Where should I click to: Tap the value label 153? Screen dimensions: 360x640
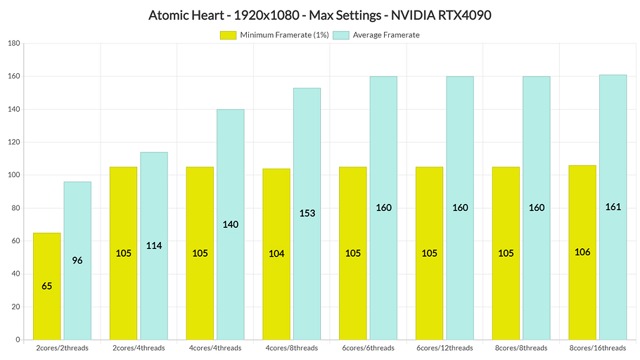pyautogui.click(x=307, y=214)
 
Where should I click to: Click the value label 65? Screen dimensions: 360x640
pyautogui.click(x=46, y=286)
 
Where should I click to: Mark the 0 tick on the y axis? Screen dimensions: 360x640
pyautogui.click(x=16, y=340)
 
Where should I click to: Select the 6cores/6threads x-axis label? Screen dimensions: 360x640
pyautogui.click(x=368, y=348)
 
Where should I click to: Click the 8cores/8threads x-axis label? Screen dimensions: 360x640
pyautogui.click(x=520, y=348)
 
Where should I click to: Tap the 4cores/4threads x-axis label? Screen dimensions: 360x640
pyautogui.click(x=215, y=348)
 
